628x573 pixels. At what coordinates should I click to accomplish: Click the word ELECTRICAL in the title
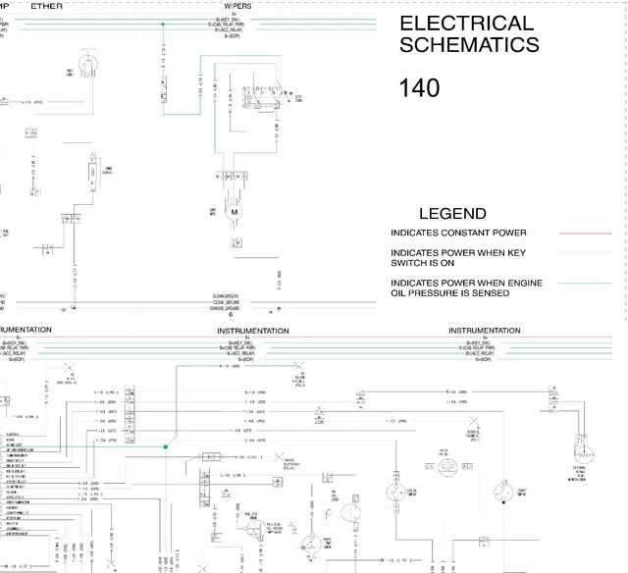coord(452,24)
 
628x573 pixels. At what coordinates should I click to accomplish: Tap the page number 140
coord(419,88)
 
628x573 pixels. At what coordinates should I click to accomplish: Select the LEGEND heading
coord(452,214)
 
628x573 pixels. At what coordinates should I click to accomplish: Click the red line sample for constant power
coord(585,234)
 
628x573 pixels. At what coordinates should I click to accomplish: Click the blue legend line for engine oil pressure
coord(585,284)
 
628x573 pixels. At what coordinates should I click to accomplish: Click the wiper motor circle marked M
coord(234,211)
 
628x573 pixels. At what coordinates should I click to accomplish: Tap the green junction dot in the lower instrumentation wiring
coord(166,447)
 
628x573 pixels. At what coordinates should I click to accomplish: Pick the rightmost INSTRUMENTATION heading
coord(484,331)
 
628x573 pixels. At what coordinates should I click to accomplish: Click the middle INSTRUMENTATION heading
coord(252,331)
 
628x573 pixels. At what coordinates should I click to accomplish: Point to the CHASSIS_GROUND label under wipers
coord(225,307)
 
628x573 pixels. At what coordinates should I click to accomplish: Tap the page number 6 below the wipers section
coord(231,315)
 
